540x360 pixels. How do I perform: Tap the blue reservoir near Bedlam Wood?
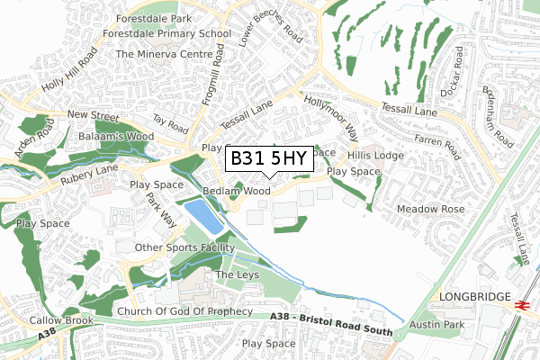pos(202,215)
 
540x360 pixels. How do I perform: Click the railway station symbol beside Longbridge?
pos(520,305)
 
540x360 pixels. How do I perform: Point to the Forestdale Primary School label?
pos(166,33)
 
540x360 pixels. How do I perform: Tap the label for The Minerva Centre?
pos(158,54)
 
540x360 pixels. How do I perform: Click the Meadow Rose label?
pos(433,209)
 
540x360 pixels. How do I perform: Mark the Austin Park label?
pos(437,324)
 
